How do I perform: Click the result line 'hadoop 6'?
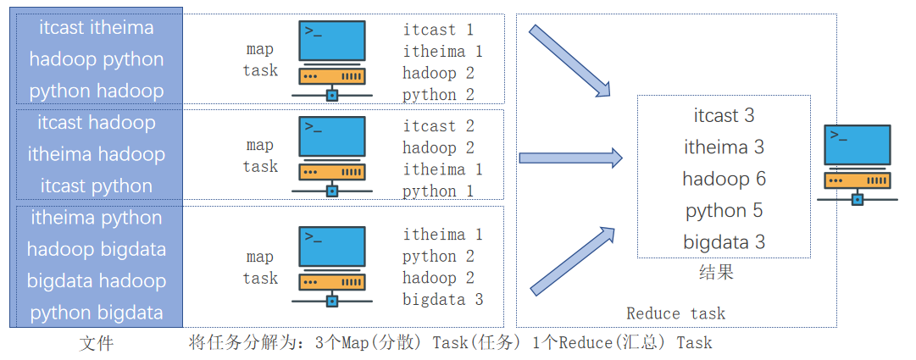724,179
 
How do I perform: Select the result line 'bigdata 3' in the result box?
724,242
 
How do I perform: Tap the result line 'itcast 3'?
724,115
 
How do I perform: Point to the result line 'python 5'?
724,210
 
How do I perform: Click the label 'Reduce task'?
675,313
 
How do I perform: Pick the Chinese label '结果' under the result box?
716,272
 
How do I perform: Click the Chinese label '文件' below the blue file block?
96,343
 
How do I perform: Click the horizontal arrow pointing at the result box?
570,158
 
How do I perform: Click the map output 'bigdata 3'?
442,299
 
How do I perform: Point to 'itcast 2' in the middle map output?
438,126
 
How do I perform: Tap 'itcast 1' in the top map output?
438,30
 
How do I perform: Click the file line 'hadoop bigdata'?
97,249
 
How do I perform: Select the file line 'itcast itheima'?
97,27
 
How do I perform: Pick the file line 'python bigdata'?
97,313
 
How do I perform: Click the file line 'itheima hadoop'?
97,154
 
